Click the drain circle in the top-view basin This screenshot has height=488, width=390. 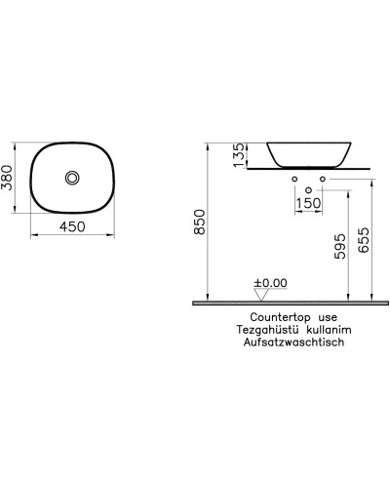[73, 178]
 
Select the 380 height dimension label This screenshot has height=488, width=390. [13, 178]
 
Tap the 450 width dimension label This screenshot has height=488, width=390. [73, 227]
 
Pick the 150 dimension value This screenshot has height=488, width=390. [308, 203]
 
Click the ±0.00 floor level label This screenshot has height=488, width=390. [270, 284]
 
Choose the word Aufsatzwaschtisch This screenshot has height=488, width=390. [296, 345]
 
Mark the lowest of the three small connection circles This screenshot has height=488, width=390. [308, 188]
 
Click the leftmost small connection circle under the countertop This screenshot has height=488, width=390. [293, 181]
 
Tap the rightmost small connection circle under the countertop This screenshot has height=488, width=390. [323, 181]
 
